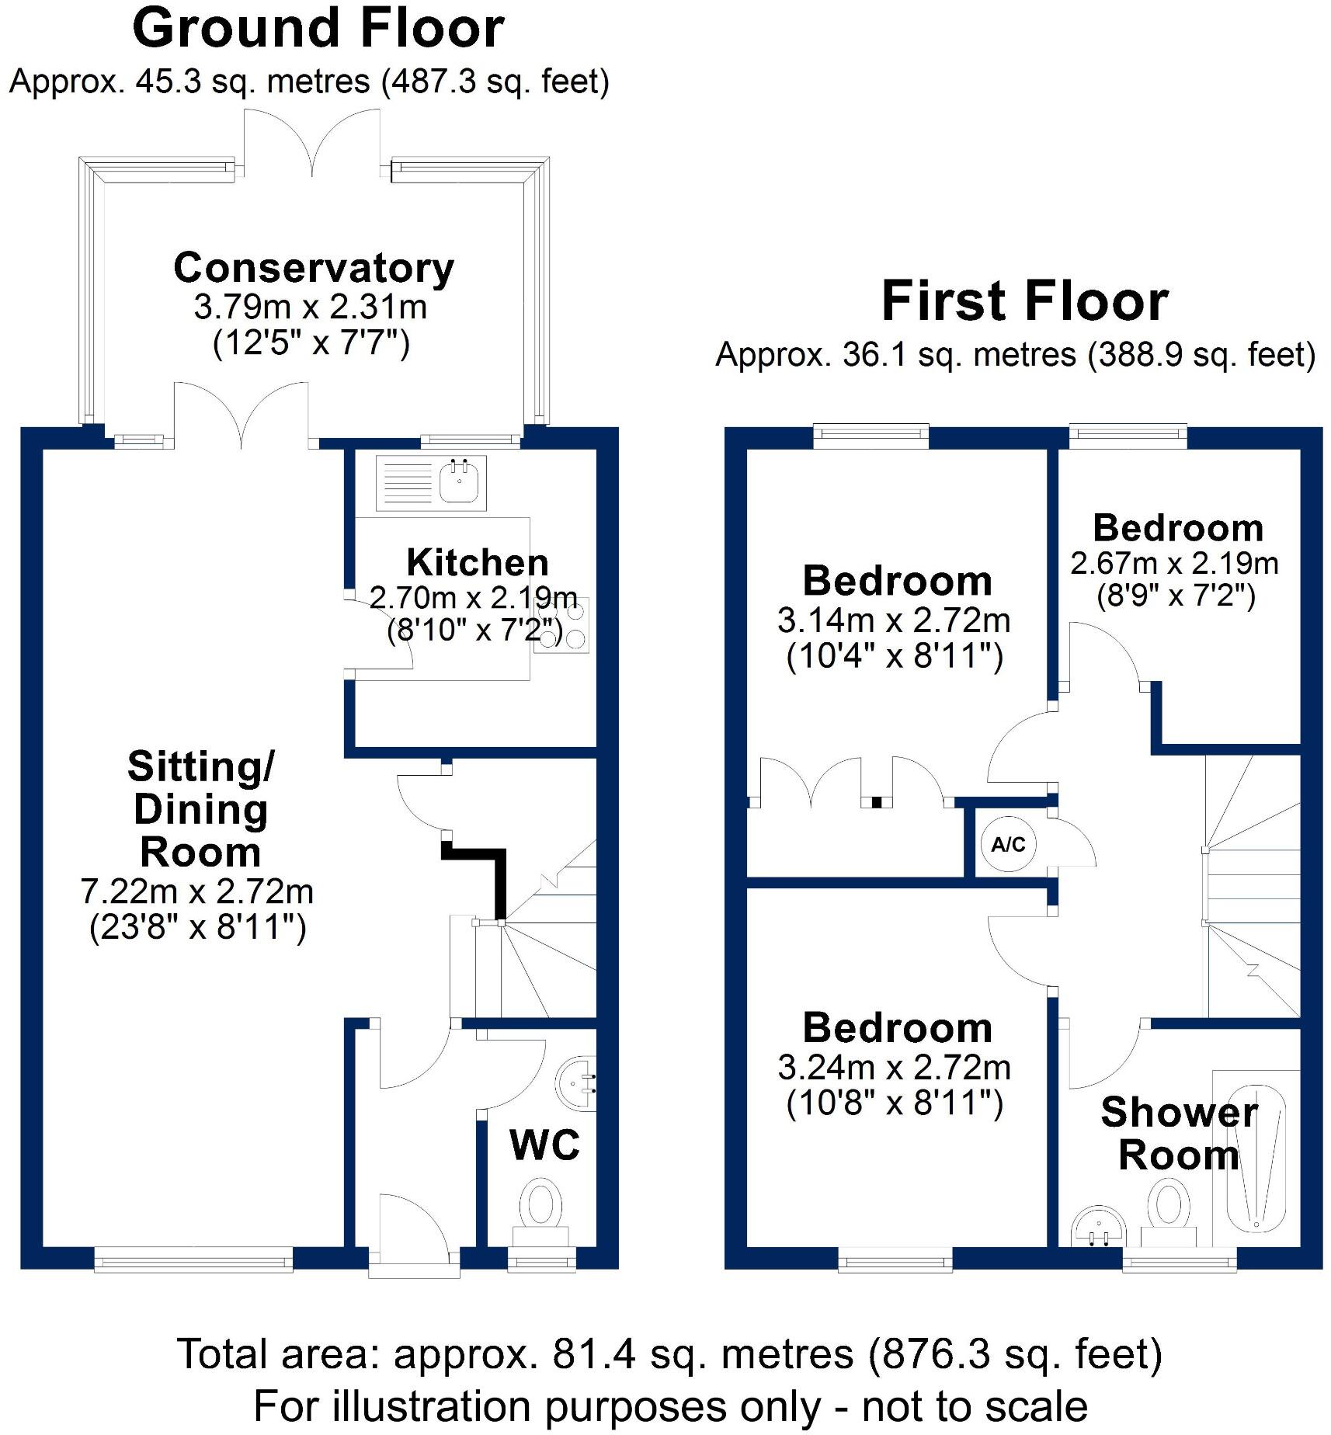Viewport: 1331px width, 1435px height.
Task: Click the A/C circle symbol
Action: coord(1007,844)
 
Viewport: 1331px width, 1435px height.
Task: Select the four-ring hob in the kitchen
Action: coord(561,624)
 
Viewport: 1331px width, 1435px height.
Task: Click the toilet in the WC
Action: coord(540,1206)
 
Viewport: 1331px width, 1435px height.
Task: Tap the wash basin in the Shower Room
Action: coord(1098,1228)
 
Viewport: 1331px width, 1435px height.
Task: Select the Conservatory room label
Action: coord(313,268)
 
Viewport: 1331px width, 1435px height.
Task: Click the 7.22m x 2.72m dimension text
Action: coord(197,891)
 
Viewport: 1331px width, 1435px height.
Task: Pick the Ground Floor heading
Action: coord(318,29)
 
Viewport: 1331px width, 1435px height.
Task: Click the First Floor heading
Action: coord(1024,301)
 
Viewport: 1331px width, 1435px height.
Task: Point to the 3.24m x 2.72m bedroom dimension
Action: coord(894,1068)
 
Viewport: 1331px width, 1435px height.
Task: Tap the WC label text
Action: coord(544,1145)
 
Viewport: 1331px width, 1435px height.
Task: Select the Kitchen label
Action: coord(477,562)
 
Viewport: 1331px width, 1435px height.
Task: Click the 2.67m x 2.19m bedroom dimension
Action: coord(1174,563)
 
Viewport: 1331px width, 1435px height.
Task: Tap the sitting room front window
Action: coord(193,1259)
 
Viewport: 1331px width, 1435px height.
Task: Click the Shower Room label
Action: coord(1178,1134)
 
